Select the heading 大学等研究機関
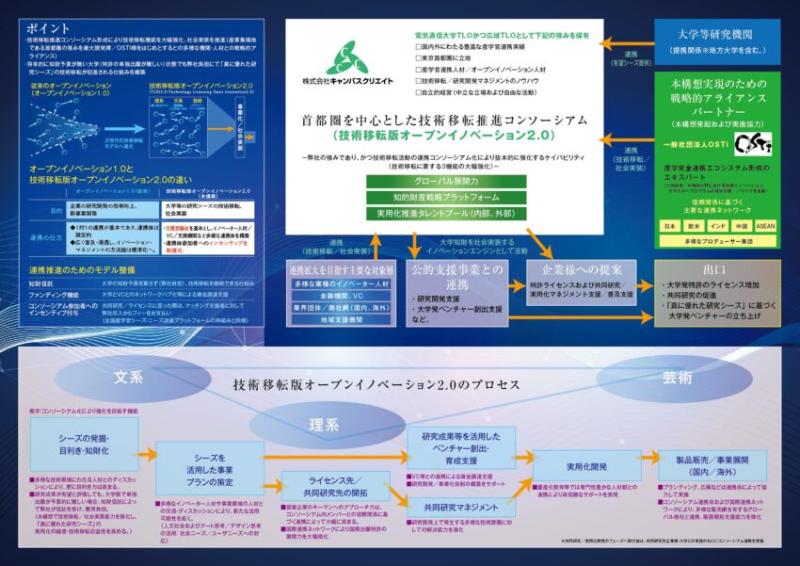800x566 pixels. pyautogui.click(x=717, y=32)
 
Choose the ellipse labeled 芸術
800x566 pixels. pyautogui.click(x=675, y=378)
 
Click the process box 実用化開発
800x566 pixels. pyautogui.click(x=572, y=466)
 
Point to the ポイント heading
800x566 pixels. pyautogui.click(x=49, y=27)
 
